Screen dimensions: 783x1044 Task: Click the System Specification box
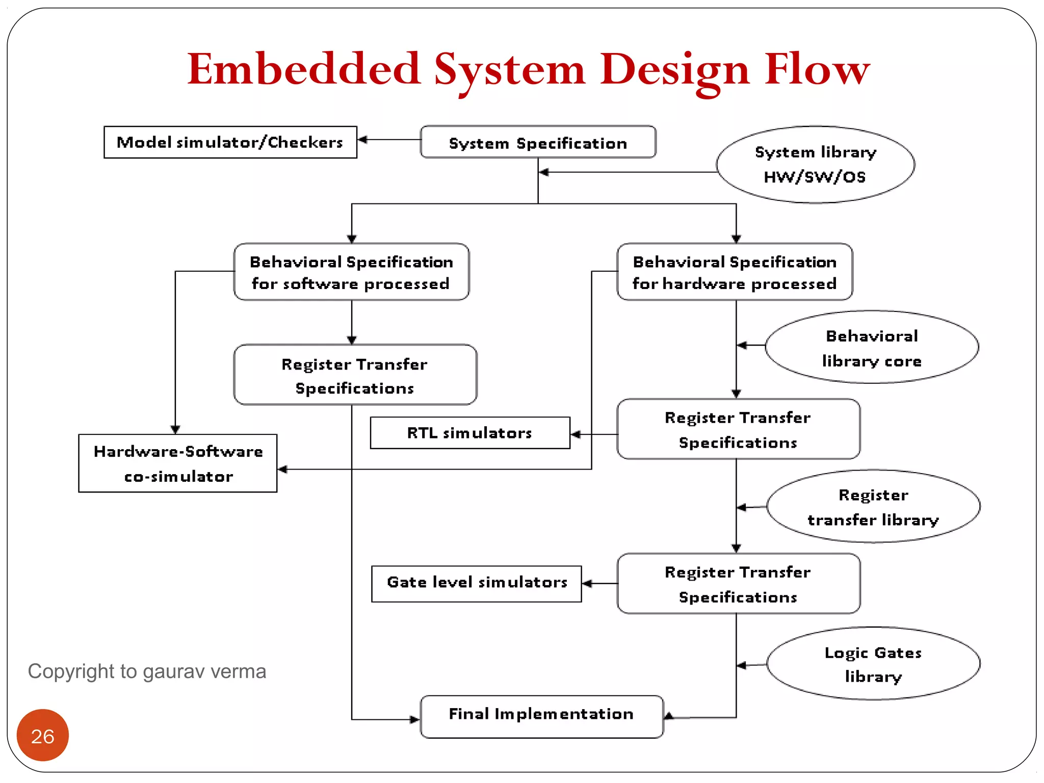coord(538,142)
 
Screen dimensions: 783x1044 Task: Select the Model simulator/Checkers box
coord(230,142)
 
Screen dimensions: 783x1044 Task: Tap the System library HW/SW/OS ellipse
coord(815,165)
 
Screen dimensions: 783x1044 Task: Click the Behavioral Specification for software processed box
coord(351,272)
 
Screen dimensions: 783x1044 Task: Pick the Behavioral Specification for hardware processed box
coord(735,272)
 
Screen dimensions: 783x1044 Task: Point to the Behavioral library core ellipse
coord(872,347)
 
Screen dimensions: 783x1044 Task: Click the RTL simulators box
coord(469,433)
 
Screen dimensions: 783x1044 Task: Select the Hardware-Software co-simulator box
coord(178,463)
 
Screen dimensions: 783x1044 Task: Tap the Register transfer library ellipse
coord(873,506)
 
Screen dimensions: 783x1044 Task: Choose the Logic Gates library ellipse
coord(873,664)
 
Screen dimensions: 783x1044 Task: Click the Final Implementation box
coord(541,716)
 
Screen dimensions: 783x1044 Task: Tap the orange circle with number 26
coord(43,735)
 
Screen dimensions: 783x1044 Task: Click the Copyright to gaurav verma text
coord(147,671)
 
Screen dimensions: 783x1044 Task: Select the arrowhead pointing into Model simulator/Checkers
coord(362,139)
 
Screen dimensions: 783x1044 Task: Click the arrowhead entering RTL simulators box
coord(576,434)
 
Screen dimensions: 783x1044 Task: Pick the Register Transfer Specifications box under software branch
coord(355,375)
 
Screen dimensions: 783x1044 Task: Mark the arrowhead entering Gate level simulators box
coord(587,584)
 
